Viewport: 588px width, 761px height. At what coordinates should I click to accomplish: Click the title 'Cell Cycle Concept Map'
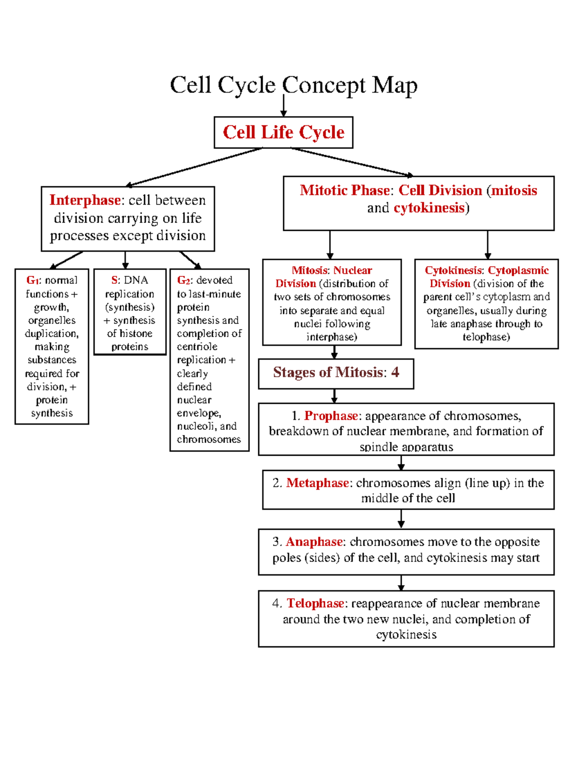[294, 85]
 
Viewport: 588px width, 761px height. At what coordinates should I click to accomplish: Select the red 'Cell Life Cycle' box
[283, 132]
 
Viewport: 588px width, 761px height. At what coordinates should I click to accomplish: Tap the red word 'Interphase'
[85, 200]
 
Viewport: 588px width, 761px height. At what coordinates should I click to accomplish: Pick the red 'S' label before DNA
[114, 280]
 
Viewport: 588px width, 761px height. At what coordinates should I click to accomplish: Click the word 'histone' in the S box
[136, 333]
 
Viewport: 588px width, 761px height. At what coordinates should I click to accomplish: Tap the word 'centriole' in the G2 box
[197, 346]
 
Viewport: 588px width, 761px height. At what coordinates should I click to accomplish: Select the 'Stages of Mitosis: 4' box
[336, 373]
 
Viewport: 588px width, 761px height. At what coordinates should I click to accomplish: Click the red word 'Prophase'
[331, 416]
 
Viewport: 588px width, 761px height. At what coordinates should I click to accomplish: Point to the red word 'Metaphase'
[318, 483]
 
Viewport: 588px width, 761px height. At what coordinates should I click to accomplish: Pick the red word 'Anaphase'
[314, 541]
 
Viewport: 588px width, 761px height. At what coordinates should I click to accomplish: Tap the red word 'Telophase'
[315, 603]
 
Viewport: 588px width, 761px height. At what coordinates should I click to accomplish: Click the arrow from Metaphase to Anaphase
[401, 519]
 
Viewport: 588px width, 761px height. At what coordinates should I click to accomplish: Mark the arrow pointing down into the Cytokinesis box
[488, 245]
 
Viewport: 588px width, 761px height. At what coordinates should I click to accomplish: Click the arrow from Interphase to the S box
[125, 260]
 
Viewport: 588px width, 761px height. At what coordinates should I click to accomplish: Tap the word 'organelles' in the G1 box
[52, 320]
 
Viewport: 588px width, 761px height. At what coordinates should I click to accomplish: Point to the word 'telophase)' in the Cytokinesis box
[486, 337]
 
